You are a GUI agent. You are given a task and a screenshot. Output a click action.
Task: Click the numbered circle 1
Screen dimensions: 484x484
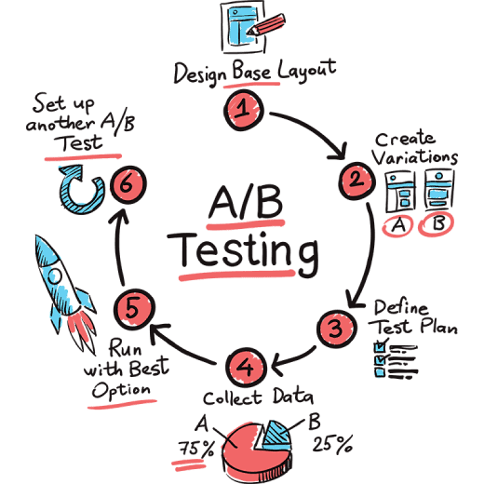pos(244,110)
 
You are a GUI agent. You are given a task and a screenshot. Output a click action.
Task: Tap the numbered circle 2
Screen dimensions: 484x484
pos(356,181)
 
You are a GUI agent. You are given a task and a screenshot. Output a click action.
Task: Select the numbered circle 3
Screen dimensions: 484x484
pos(336,329)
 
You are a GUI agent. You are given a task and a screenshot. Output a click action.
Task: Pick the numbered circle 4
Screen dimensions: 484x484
pos(247,368)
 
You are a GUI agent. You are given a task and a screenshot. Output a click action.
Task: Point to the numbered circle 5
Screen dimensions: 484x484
pos(134,309)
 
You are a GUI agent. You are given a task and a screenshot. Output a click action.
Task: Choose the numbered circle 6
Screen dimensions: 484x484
pos(128,184)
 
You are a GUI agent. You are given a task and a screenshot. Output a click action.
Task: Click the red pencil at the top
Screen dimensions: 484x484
pos(266,25)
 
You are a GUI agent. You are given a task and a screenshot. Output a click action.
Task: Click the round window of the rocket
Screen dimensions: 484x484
pos(56,276)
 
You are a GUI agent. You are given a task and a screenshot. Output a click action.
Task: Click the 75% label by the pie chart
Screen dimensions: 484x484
pos(196,449)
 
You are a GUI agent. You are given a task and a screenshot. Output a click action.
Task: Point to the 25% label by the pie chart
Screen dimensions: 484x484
pos(332,444)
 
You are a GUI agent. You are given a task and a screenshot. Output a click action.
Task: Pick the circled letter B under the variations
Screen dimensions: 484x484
pos(437,224)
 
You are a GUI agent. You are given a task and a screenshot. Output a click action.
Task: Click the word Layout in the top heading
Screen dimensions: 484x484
pos(306,70)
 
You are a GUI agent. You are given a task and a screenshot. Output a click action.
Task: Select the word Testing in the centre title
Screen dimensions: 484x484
pos(243,252)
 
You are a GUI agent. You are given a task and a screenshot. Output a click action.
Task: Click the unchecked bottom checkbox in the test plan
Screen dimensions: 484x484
pos(380,371)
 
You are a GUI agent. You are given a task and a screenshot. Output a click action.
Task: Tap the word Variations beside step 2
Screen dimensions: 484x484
pos(415,157)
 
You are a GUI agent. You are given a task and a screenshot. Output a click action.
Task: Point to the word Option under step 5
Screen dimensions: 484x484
pos(121,391)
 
